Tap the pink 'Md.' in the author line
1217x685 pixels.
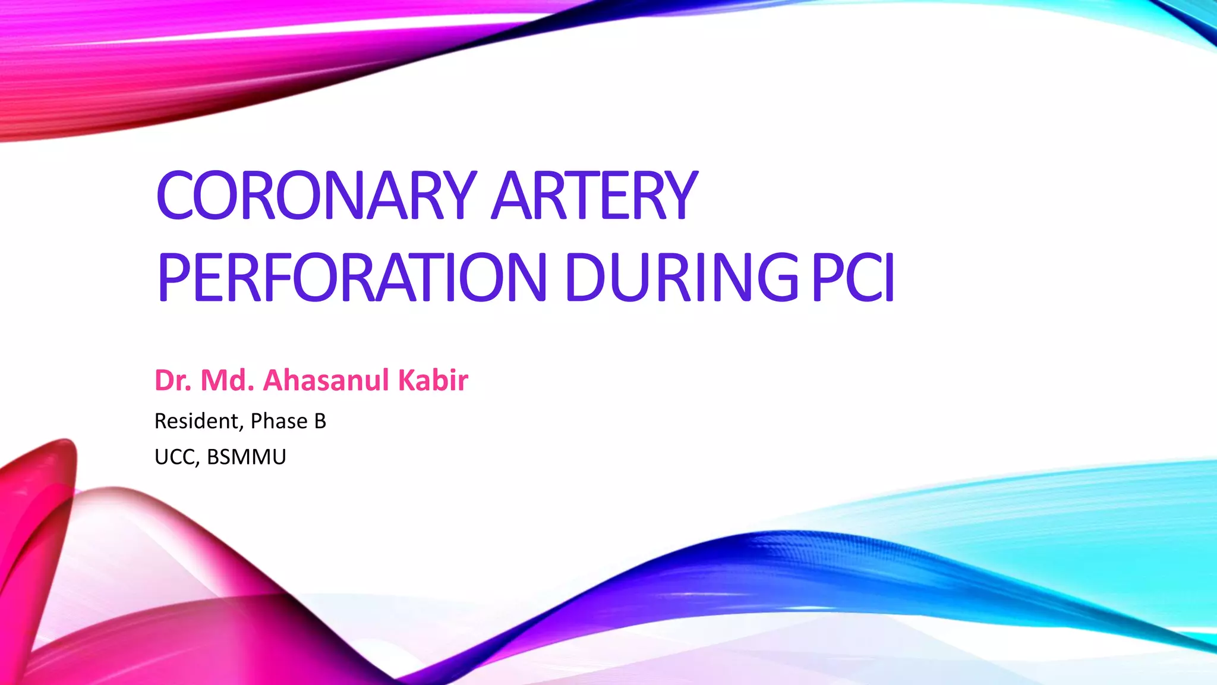(228, 381)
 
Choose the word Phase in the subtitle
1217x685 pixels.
(279, 421)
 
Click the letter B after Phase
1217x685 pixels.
(320, 421)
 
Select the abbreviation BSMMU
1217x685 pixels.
(247, 457)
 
